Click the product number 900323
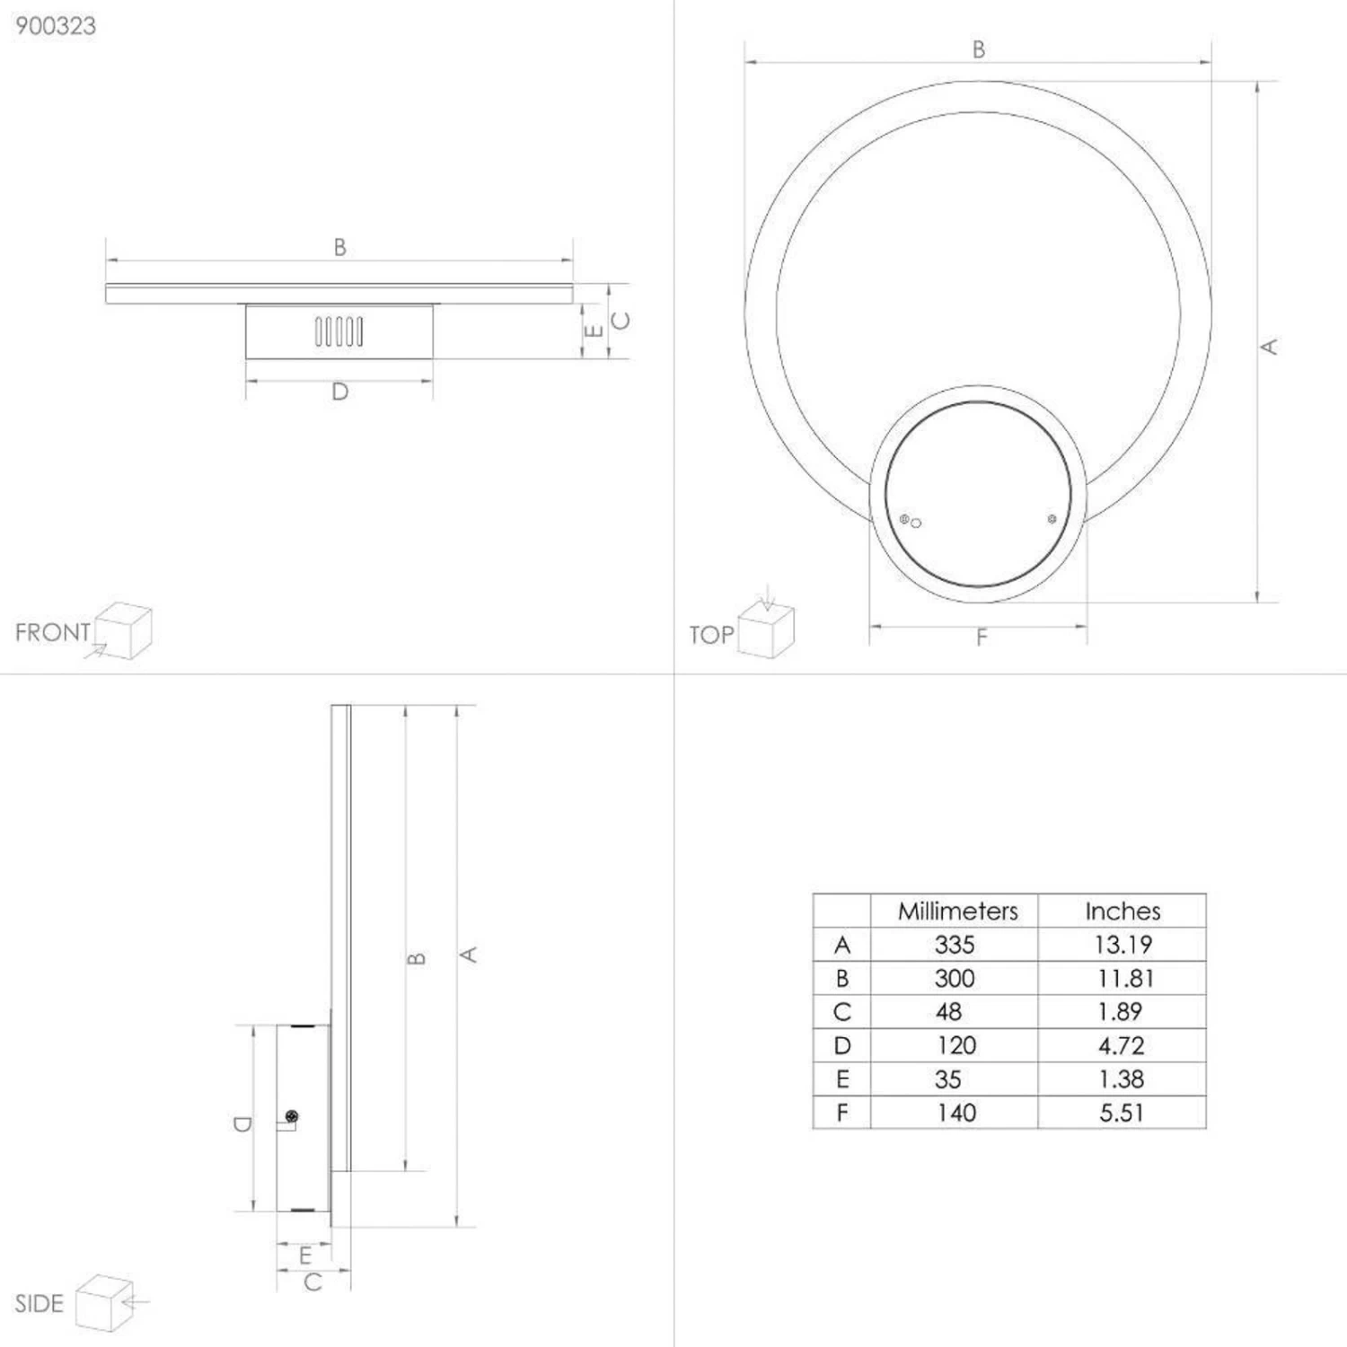point(56,26)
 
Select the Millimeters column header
point(957,911)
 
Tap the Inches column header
point(1122,911)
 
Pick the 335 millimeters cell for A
point(954,945)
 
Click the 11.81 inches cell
point(1124,979)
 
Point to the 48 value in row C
point(948,1012)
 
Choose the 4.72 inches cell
point(1122,1046)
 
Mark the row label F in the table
point(842,1114)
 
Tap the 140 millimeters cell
point(956,1114)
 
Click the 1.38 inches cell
point(1122,1079)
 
